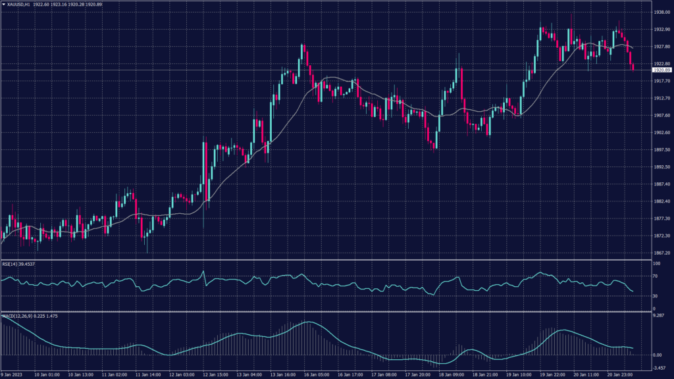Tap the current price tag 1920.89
[661, 70]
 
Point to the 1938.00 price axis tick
[661, 13]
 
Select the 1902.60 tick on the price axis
[661, 133]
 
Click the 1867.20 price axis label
[661, 253]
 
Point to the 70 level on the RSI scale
[656, 277]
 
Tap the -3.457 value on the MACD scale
[660, 368]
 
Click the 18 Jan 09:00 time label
[452, 374]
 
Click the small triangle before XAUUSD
[3, 5]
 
